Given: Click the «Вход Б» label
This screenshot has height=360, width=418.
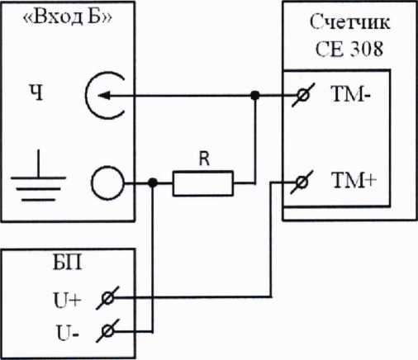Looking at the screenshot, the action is pos(68,17).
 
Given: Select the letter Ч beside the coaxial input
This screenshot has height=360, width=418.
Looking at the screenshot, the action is pos(36,92).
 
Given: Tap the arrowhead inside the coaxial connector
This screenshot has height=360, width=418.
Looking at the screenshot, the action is pos(104,96).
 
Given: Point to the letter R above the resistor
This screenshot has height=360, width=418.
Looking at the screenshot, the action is pos(204,159).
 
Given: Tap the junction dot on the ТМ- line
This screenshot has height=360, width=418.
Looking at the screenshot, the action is pos(255,96).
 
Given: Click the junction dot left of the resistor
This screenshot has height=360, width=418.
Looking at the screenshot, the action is pos(153,182).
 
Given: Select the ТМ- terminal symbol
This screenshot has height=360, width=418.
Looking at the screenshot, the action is pos(303,96).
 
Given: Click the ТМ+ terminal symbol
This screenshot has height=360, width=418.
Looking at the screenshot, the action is pos(302,182).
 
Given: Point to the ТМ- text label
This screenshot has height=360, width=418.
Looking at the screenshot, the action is pos(351,94).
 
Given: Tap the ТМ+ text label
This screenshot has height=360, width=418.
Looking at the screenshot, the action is pos(354,180).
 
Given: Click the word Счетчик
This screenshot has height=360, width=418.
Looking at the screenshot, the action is pos(349,21).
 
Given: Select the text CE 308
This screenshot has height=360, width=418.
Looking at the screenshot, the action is pos(349,49).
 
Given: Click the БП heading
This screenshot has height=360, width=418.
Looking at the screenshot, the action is pos(68,263).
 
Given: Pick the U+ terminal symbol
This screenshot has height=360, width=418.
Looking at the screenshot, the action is pos(107,298).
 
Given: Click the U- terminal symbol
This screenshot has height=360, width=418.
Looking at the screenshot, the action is pos(107,330).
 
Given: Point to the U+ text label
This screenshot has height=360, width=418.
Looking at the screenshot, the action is pos(68,301).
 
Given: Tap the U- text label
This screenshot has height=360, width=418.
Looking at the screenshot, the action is pos(68,333).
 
